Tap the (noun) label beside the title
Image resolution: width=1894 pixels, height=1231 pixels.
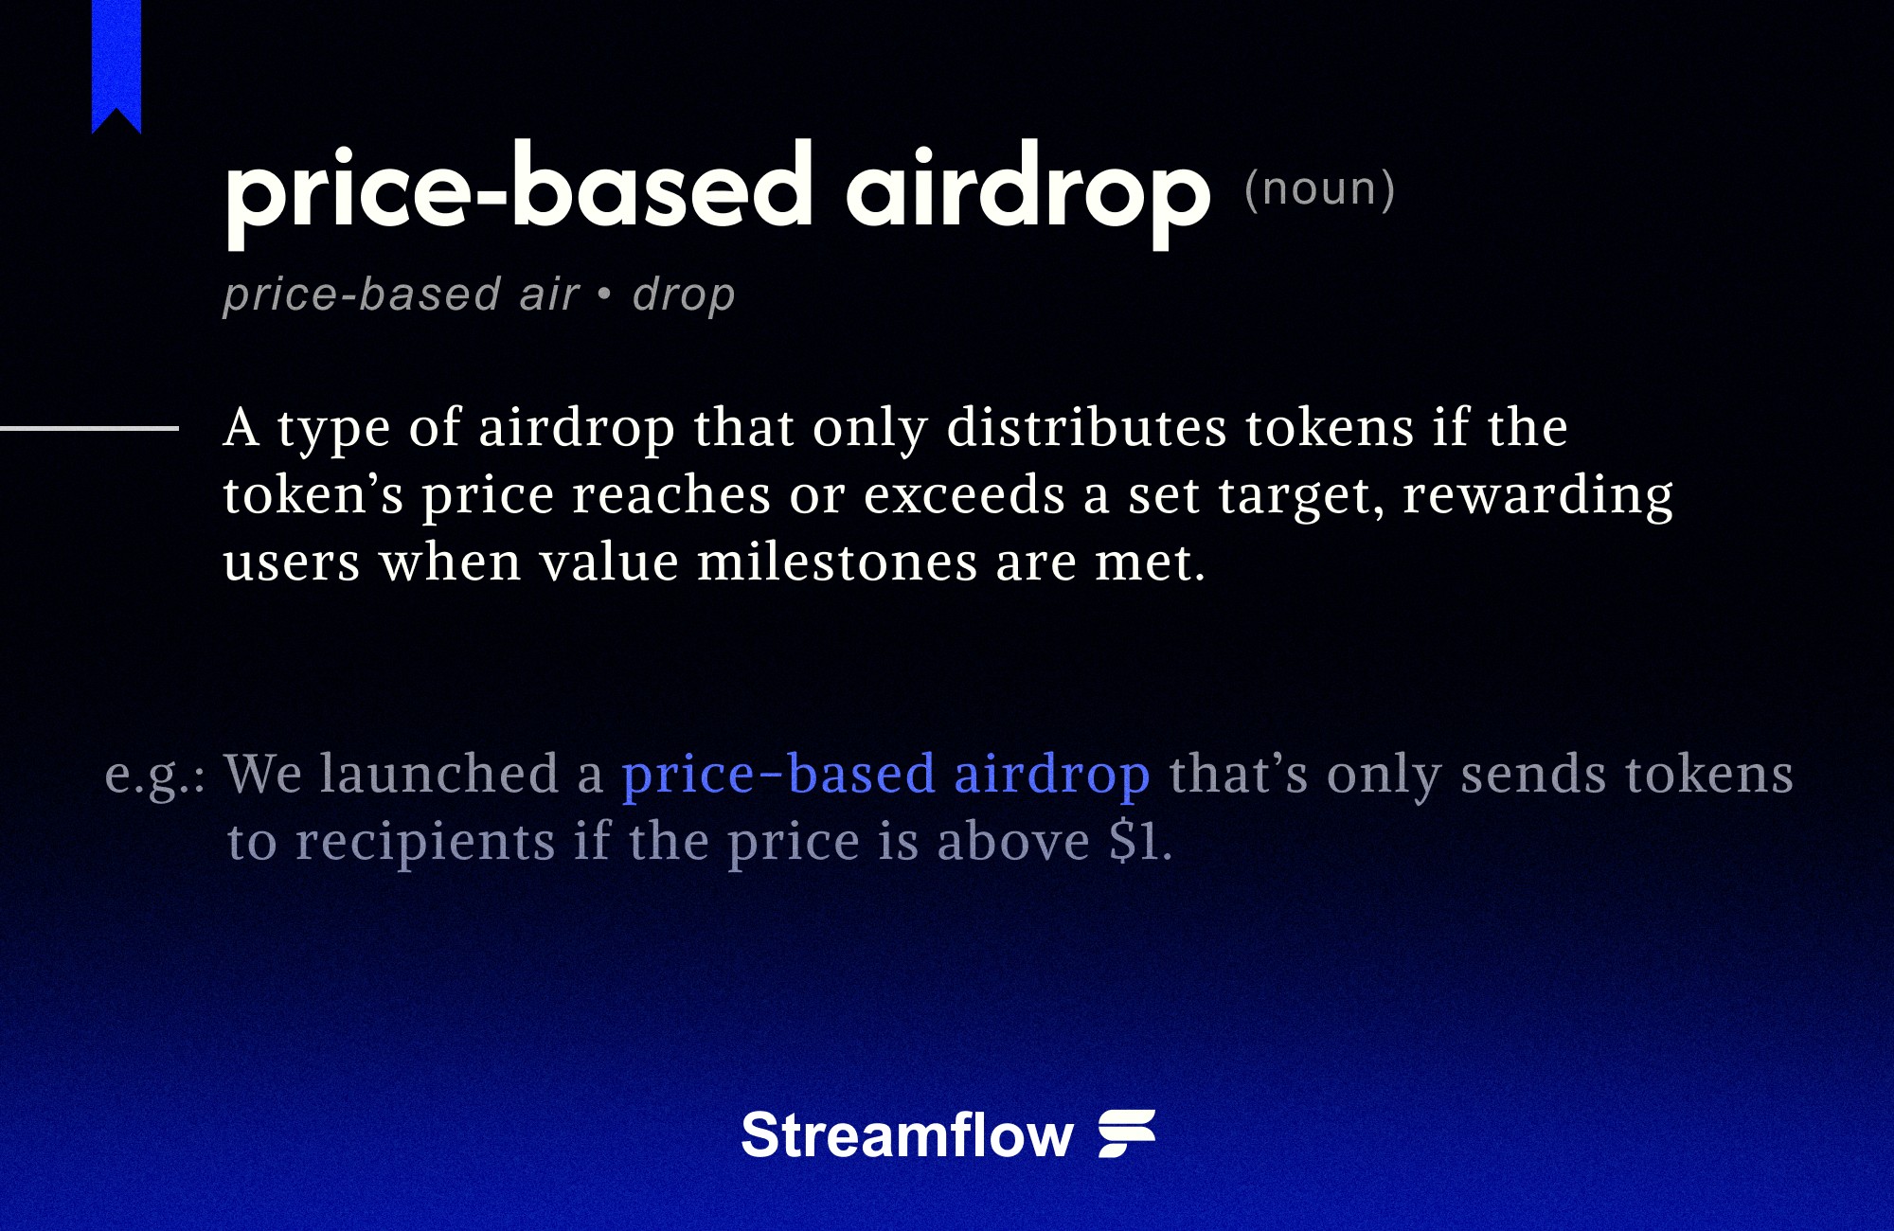pos(1319,188)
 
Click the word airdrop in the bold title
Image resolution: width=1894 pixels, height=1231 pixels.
pos(1027,189)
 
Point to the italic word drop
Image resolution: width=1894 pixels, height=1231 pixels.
pos(684,294)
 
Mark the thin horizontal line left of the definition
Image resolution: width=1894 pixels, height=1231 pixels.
pos(89,429)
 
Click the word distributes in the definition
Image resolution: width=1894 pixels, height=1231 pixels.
pos(1086,427)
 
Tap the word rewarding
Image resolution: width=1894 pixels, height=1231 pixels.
pos(1538,495)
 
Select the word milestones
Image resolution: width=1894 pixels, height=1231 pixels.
pos(837,562)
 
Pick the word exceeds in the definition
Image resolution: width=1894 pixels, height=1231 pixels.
pos(964,495)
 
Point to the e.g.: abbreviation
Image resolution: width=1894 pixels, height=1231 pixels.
pos(154,775)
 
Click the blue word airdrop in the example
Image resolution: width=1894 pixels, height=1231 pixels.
pos(1051,775)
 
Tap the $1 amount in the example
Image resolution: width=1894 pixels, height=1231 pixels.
pos(1134,841)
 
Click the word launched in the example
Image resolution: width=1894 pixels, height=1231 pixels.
pos(439,774)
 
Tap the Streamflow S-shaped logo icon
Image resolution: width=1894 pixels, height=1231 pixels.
pos(1127,1133)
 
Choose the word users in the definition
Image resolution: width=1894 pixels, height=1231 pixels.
pos(292,562)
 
